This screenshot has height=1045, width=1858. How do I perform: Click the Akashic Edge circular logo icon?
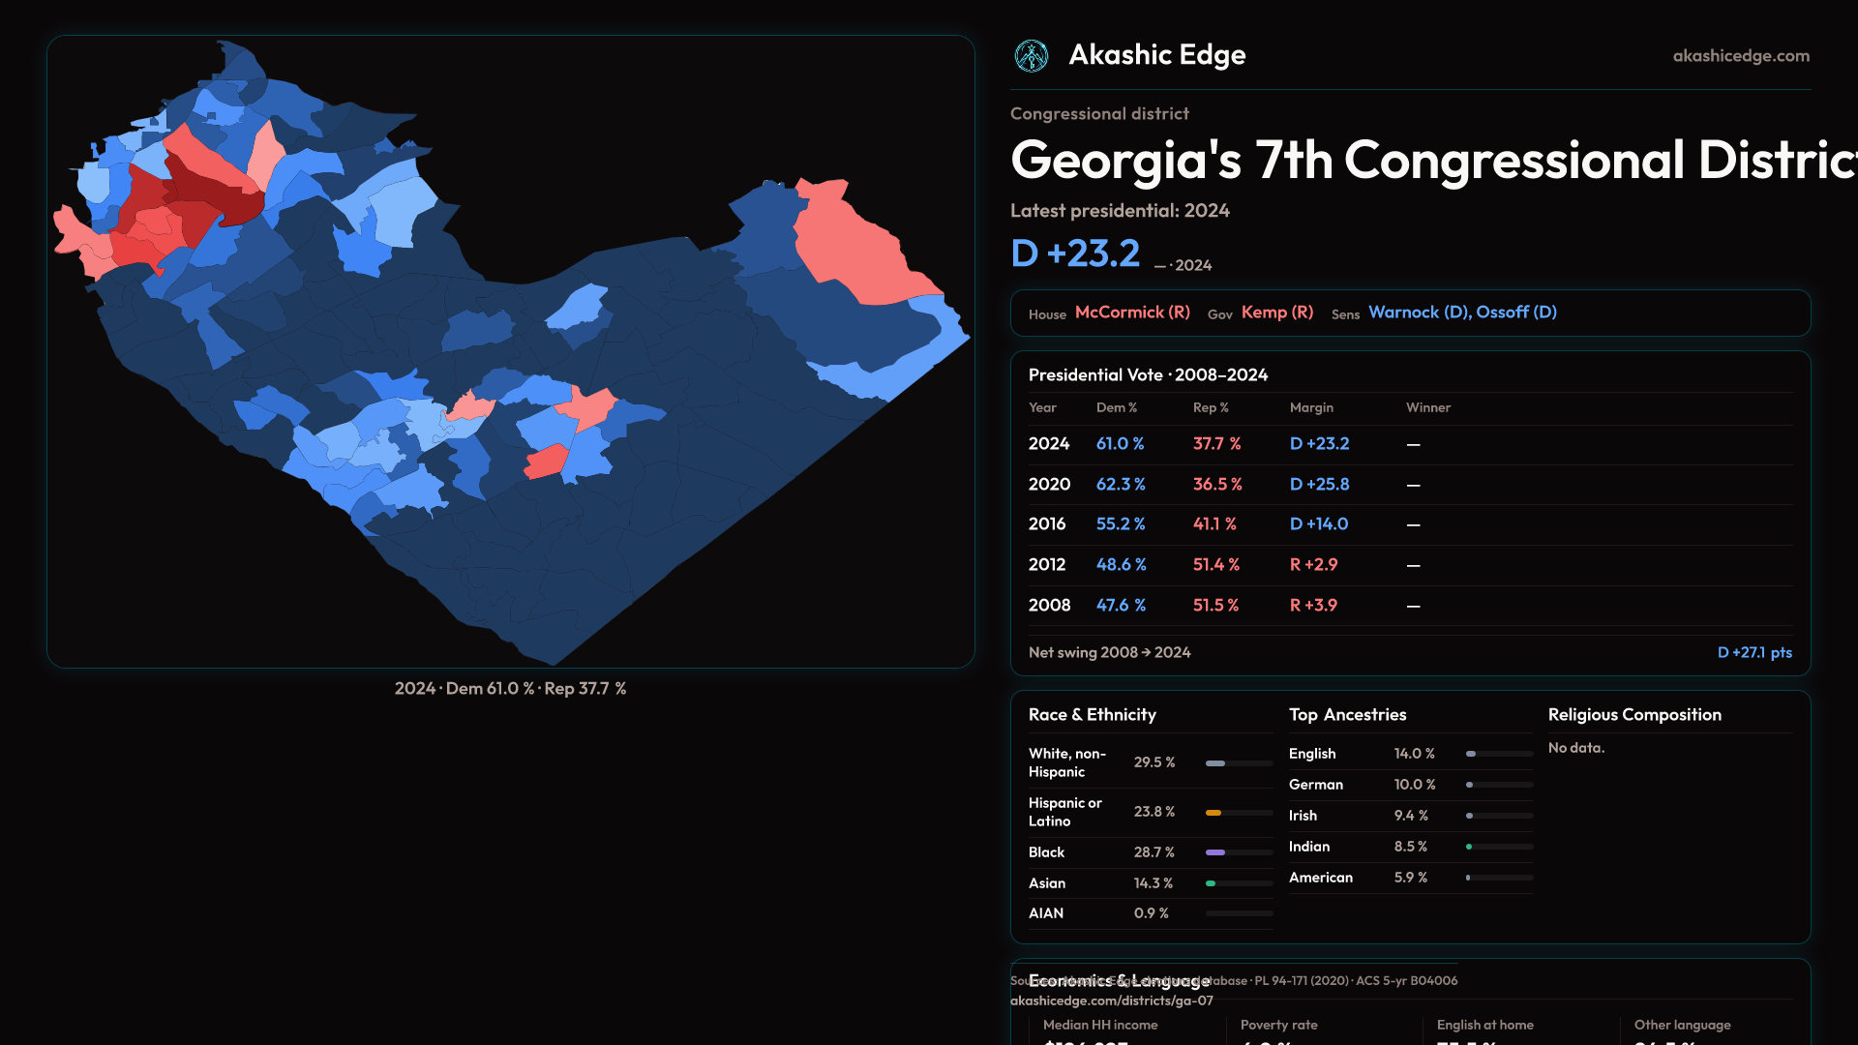1032,56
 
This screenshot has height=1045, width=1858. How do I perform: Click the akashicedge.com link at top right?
1741,56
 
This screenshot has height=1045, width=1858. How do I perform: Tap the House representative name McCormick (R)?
1132,313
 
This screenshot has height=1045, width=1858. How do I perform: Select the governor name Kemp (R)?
1277,313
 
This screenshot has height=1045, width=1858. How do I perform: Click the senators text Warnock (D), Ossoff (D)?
1462,313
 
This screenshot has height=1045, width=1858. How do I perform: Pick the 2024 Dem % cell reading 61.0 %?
1120,444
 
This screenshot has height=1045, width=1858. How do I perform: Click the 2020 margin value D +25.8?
1319,485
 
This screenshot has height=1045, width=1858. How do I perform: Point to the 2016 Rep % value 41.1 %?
1214,524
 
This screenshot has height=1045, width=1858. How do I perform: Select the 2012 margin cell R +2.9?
1313,565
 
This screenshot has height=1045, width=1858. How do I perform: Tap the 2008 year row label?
1049,606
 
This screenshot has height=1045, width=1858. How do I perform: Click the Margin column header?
1311,407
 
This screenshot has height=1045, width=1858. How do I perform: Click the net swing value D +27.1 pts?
1753,653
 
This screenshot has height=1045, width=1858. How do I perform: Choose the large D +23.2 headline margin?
1075,254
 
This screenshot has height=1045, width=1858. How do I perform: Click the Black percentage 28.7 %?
1154,852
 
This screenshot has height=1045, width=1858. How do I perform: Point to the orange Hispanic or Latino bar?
1214,813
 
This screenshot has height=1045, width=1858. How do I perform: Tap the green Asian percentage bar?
1211,883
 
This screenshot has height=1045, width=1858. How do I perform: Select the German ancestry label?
1315,785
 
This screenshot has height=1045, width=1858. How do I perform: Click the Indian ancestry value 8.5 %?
1410,847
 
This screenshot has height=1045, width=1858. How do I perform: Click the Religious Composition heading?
1634,715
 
